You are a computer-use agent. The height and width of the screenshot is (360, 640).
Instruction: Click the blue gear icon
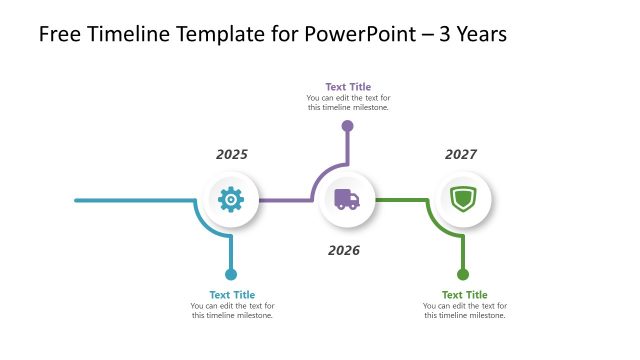[x=231, y=200]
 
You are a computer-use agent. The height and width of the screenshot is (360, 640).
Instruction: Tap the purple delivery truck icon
[x=347, y=200]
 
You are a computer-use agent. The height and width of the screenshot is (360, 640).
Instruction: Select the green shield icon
[x=462, y=199]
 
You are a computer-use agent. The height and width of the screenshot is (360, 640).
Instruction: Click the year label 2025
[x=232, y=155]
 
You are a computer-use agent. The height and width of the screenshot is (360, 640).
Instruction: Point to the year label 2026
[x=344, y=250]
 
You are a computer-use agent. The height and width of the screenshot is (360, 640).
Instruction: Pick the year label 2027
[x=461, y=155]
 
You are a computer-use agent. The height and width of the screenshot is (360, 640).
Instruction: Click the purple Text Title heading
[x=348, y=87]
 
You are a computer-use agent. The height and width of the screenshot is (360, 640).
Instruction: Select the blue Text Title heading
[x=231, y=295]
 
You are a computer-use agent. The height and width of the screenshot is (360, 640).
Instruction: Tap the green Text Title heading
[x=465, y=295]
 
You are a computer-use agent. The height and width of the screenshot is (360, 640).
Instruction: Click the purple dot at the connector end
[x=347, y=126]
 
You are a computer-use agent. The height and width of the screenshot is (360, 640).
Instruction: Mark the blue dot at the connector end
[x=231, y=274]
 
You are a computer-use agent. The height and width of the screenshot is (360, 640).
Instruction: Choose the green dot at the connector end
[x=462, y=274]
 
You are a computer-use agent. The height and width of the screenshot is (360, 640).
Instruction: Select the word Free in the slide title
[x=59, y=35]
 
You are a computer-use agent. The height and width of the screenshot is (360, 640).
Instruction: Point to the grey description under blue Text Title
[x=232, y=311]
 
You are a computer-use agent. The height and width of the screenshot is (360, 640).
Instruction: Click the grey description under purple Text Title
[x=348, y=103]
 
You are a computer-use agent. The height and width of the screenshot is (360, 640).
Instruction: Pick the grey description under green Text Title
[x=465, y=311]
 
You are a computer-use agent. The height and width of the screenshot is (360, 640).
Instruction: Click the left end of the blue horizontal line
[x=78, y=200]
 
